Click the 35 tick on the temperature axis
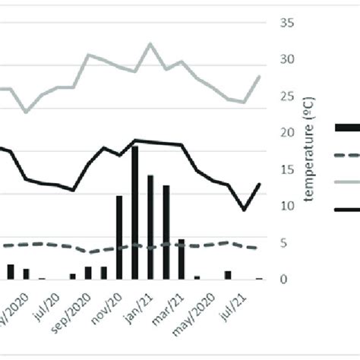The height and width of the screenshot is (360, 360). pyautogui.click(x=287, y=24)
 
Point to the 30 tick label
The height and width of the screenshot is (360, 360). pyautogui.click(x=287, y=60)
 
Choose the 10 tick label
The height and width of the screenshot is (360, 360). pyautogui.click(x=287, y=206)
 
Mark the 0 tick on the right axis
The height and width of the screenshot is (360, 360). pyautogui.click(x=284, y=279)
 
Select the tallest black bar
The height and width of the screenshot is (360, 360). pyautogui.click(x=135, y=213)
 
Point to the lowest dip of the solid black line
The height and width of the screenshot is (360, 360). pyautogui.click(x=244, y=210)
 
